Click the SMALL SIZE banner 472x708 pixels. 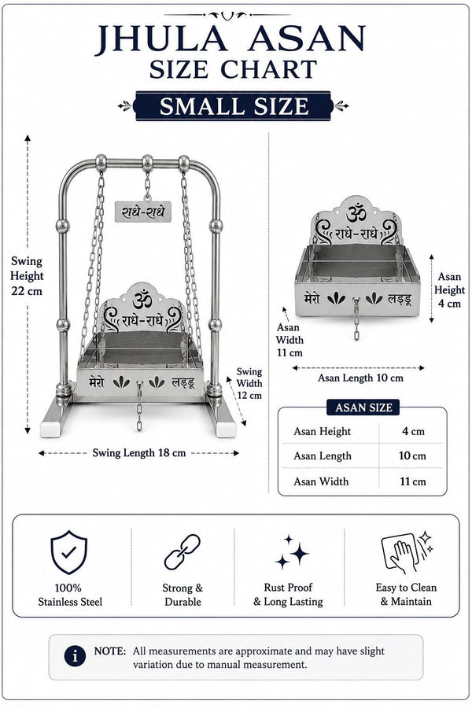tap(234, 106)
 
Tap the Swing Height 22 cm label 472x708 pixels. tap(27, 276)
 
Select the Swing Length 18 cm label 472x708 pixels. tap(139, 453)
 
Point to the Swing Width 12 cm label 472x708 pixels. tap(249, 383)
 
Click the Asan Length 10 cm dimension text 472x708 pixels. tap(360, 378)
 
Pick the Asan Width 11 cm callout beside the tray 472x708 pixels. tap(289, 340)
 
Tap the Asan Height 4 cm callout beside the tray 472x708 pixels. tap(449, 289)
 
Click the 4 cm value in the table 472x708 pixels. tap(413, 431)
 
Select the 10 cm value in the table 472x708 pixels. tap(412, 455)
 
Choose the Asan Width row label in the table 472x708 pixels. tap(321, 481)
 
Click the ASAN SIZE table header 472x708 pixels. tap(363, 407)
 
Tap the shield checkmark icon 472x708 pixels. tap(68, 552)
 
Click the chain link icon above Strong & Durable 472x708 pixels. tap(182, 551)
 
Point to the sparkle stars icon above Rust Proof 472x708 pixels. tap(292, 551)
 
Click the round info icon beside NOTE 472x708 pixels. tap(75, 656)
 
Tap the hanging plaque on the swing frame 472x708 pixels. tap(143, 212)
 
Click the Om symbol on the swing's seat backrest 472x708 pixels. tap(142, 300)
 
